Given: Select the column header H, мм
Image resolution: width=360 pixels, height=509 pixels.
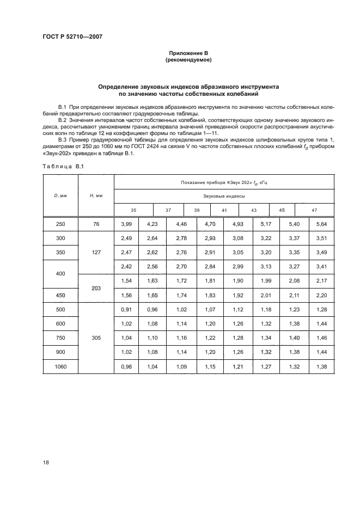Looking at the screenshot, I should pos(96,195).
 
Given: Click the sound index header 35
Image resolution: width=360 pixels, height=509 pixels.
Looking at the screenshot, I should pos(133,210).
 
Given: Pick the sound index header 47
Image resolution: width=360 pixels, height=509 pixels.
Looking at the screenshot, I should pos(314,210).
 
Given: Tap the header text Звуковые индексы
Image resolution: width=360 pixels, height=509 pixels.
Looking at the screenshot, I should pos(224,195).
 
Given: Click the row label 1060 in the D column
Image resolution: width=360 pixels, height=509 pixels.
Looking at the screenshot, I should pos(62,367).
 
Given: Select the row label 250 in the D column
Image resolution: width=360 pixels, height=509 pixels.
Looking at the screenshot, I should pos(62,223).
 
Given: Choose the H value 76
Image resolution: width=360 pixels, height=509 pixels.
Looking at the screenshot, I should pos(96,223).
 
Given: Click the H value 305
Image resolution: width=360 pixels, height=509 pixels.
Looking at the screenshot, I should pos(96,337).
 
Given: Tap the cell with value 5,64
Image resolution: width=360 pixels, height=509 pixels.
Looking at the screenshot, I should pos(321,223).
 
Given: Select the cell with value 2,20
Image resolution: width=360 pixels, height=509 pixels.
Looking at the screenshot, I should pos(321,295).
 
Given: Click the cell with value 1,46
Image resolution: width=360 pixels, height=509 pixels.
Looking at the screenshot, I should pos(321,338).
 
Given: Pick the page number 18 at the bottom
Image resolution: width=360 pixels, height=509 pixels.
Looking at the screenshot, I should pos(45,462).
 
